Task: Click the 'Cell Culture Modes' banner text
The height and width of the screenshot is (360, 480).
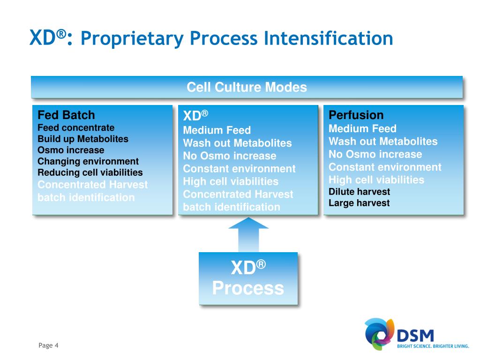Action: click(x=247, y=87)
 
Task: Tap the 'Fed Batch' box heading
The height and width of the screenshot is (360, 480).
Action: click(x=66, y=115)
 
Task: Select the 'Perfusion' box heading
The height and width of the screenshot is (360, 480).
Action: click(x=356, y=115)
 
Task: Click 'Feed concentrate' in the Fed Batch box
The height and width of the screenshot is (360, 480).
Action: click(x=76, y=127)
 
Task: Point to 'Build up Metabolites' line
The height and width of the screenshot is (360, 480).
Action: click(x=83, y=139)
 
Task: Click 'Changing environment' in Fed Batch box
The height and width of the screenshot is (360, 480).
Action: click(x=88, y=161)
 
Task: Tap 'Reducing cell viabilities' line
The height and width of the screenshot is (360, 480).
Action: click(x=90, y=172)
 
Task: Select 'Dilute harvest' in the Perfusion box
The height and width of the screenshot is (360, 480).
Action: click(x=359, y=191)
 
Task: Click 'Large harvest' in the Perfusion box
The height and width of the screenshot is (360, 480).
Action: click(x=359, y=203)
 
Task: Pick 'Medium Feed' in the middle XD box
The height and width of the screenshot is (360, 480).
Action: click(x=217, y=130)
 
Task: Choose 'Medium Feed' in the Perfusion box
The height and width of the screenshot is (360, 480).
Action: click(x=362, y=128)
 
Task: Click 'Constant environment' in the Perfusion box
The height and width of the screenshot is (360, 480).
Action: click(x=385, y=167)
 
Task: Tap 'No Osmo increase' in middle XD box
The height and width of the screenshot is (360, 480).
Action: click(x=230, y=156)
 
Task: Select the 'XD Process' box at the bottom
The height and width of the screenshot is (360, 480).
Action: click(x=248, y=278)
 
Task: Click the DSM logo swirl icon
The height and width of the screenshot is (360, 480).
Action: click(x=379, y=333)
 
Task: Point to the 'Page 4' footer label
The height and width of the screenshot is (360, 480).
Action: click(x=48, y=345)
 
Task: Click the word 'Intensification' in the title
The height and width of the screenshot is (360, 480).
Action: click(x=328, y=38)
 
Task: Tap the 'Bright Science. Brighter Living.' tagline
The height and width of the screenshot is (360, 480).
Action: click(x=433, y=346)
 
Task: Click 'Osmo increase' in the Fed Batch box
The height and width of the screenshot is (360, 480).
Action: click(x=71, y=150)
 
